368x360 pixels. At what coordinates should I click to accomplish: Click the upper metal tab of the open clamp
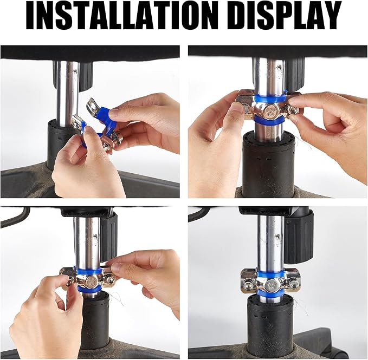click(x=93, y=108)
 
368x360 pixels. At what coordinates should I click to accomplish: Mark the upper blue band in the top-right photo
click(x=270, y=98)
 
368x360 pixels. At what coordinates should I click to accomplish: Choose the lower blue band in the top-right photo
click(x=269, y=121)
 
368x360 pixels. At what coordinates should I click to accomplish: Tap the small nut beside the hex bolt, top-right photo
click(x=290, y=110)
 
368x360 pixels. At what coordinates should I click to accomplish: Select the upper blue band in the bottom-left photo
click(x=89, y=272)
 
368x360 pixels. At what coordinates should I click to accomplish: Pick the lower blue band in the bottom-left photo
click(x=89, y=289)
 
